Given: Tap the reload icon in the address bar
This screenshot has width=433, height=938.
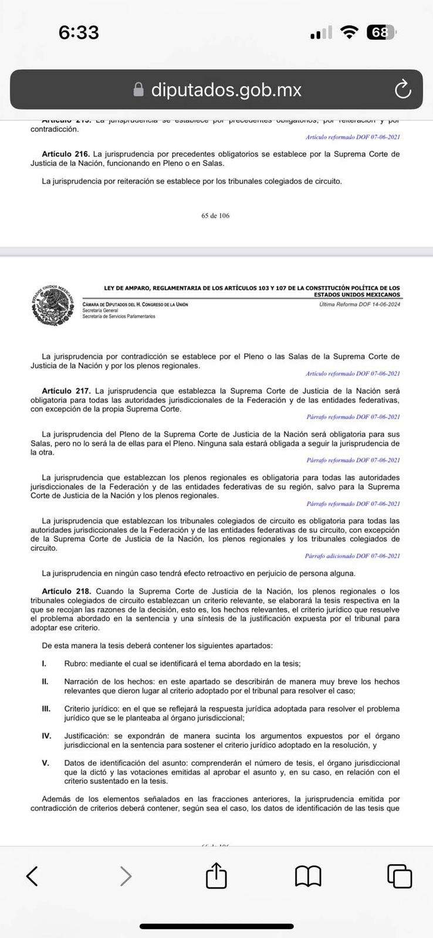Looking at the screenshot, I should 402,89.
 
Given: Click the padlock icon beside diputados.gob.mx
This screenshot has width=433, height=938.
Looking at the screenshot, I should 138,90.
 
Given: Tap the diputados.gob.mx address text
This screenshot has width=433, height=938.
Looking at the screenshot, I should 226,90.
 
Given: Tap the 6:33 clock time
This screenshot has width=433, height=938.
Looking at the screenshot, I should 79,32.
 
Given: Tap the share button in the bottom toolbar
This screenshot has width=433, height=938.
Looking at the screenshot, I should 216,876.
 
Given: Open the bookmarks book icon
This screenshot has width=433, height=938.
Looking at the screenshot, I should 308,876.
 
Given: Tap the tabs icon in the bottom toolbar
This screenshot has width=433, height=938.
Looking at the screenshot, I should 400,876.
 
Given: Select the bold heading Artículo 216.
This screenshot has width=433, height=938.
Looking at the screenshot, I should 66,154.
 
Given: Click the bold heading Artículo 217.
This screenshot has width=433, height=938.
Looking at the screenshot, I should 66,390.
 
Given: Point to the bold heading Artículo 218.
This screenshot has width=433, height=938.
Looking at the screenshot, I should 66,592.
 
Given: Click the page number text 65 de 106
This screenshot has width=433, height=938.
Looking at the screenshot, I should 215,216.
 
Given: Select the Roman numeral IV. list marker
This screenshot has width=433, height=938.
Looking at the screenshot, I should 46,736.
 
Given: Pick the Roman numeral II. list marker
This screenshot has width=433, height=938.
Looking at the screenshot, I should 45,682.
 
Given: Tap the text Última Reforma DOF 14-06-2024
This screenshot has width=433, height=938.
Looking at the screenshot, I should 360,304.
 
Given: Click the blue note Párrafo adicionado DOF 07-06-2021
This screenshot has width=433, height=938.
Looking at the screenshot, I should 352,556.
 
